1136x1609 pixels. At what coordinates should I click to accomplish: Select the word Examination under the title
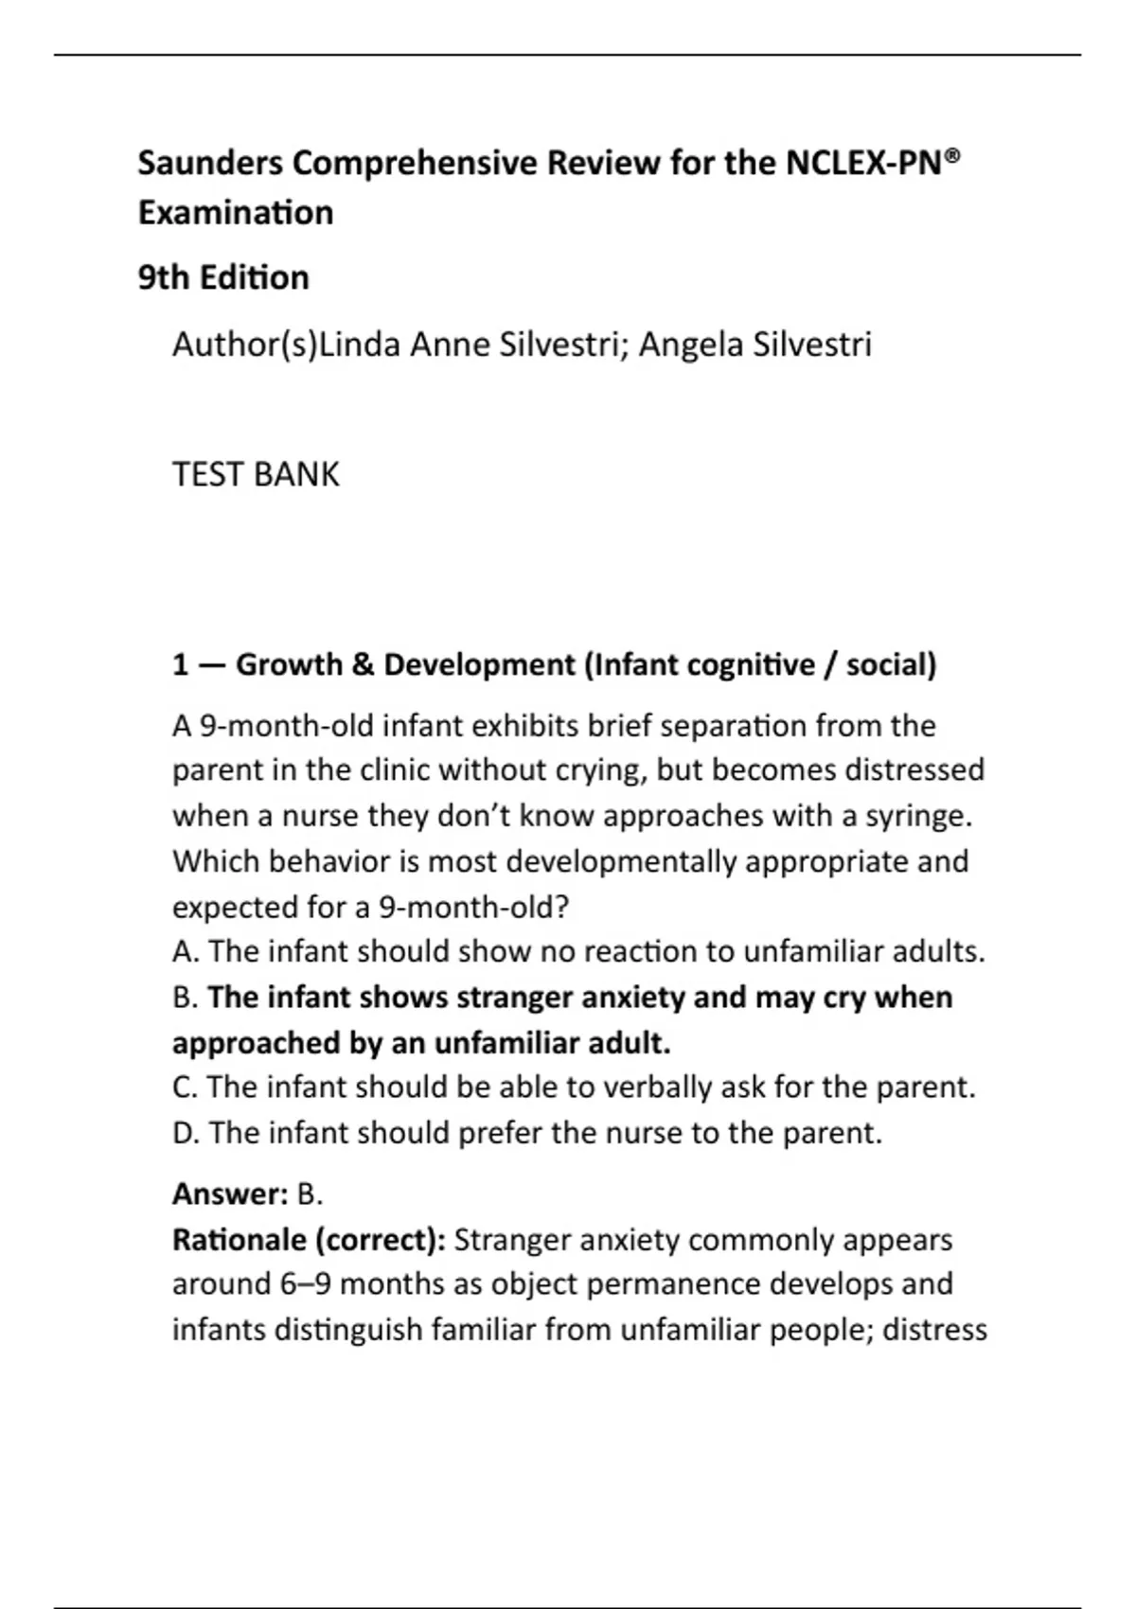pyautogui.click(x=236, y=213)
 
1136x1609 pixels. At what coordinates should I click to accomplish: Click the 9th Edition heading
pyautogui.click(x=223, y=278)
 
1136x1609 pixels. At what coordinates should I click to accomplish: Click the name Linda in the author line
pyautogui.click(x=359, y=345)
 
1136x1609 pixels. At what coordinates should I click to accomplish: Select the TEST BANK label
pyautogui.click(x=256, y=474)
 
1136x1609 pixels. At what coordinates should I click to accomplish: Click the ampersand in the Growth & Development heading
pyautogui.click(x=362, y=665)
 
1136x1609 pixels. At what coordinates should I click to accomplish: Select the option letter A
pyautogui.click(x=184, y=952)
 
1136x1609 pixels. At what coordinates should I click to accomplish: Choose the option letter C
pyautogui.click(x=184, y=1087)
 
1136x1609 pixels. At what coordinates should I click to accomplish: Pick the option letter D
pyautogui.click(x=185, y=1133)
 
